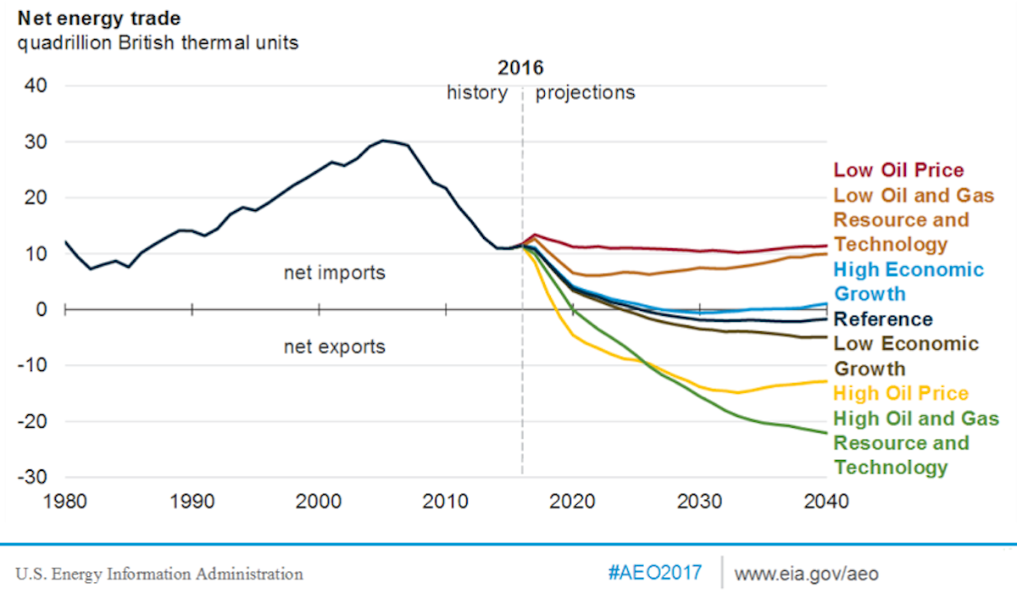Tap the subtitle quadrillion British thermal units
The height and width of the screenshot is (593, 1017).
coord(153,42)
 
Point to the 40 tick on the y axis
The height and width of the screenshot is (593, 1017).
coord(36,86)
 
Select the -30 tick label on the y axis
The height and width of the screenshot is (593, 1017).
coord(33,477)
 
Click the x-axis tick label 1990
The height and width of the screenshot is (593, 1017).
coord(192,502)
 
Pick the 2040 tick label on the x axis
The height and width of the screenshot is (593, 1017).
coord(825,502)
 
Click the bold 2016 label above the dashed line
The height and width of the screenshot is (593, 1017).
coord(520,68)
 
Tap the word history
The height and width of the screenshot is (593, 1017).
coord(476,92)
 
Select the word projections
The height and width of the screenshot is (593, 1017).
coord(585,92)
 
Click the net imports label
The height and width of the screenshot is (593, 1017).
coord(334,274)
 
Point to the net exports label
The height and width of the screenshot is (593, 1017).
coord(334,346)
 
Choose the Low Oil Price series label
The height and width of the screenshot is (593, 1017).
coord(898,170)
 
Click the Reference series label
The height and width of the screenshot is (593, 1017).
coord(883,319)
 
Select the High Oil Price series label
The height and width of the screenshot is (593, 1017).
coord(901,394)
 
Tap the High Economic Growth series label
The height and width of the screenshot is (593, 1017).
coord(909,282)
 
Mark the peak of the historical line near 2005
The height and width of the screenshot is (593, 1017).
coord(383,141)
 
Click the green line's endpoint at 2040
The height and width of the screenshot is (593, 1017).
coord(826,432)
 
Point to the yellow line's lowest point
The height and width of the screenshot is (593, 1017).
coord(737,392)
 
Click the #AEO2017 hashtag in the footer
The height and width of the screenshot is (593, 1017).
coord(654,574)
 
